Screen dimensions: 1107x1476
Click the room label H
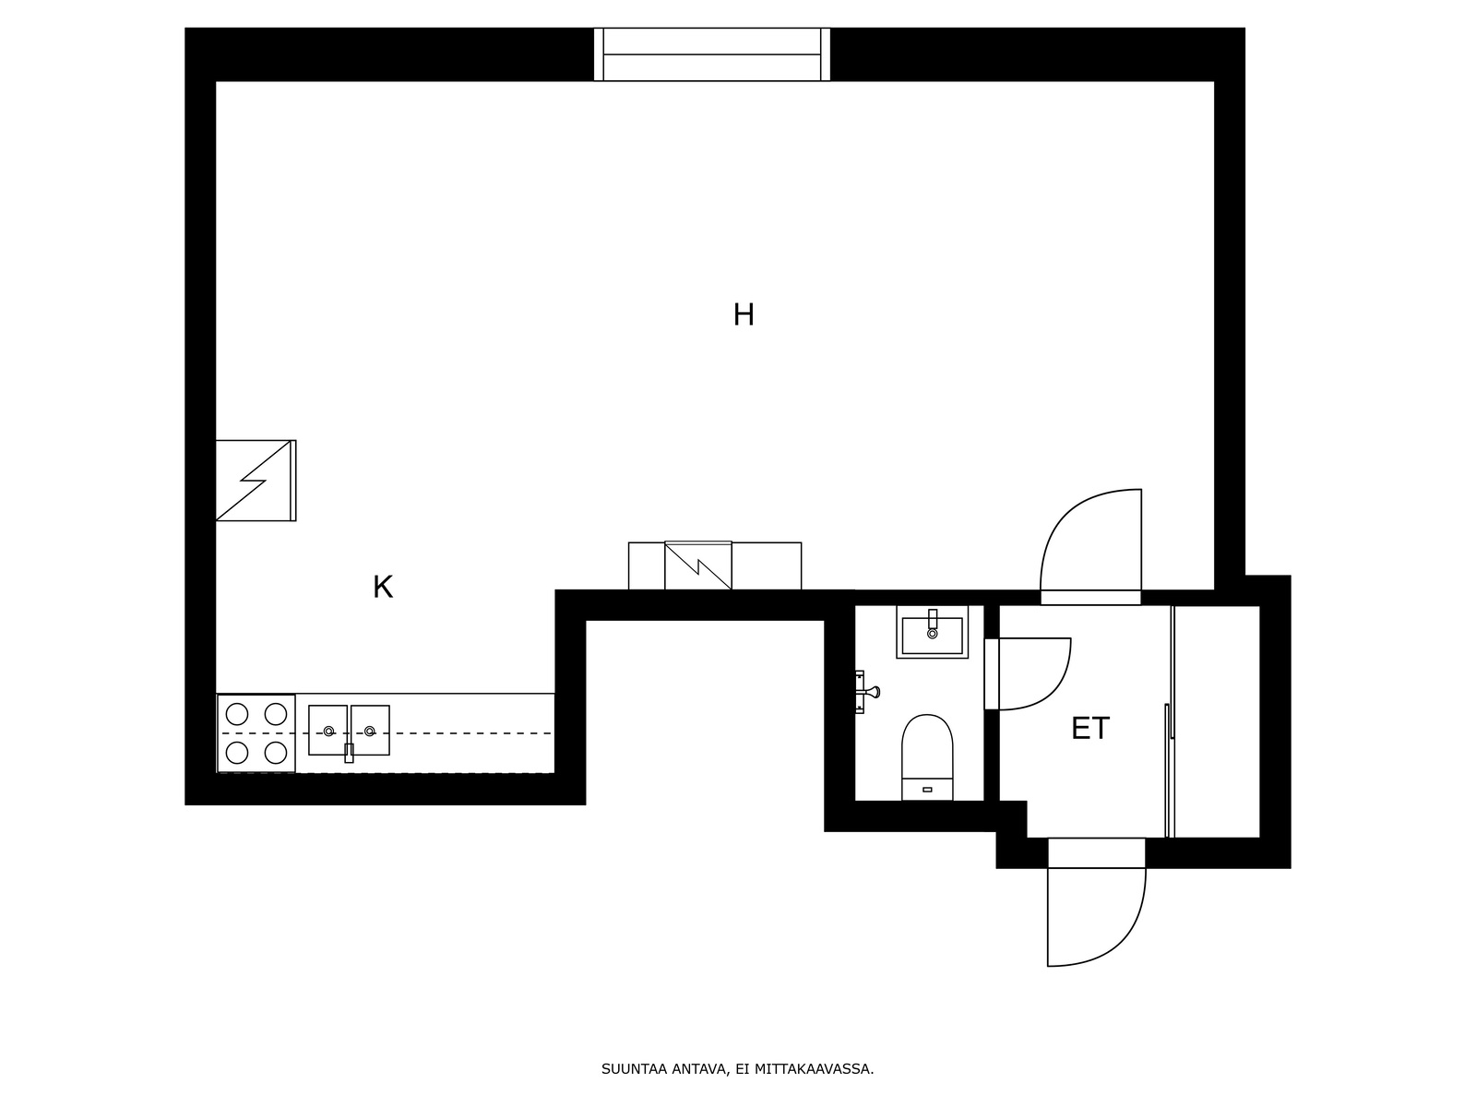(744, 315)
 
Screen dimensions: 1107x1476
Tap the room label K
(383, 587)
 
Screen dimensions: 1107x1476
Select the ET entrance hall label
(1089, 729)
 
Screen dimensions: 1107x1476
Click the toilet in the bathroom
(926, 752)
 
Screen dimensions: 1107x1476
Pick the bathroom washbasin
(932, 634)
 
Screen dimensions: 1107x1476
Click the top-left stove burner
(237, 714)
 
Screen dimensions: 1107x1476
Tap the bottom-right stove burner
(276, 753)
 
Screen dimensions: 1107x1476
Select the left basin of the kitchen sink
(327, 730)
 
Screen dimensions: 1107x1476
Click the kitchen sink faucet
(349, 752)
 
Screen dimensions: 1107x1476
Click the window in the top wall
(711, 54)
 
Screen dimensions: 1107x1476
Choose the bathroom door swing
(1033, 673)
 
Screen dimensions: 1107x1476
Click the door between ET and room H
(1091, 544)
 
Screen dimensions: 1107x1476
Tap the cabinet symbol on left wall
(256, 481)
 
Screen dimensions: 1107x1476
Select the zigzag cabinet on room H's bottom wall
(698, 565)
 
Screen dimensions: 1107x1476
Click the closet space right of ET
(1216, 721)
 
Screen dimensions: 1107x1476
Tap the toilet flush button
(926, 790)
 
